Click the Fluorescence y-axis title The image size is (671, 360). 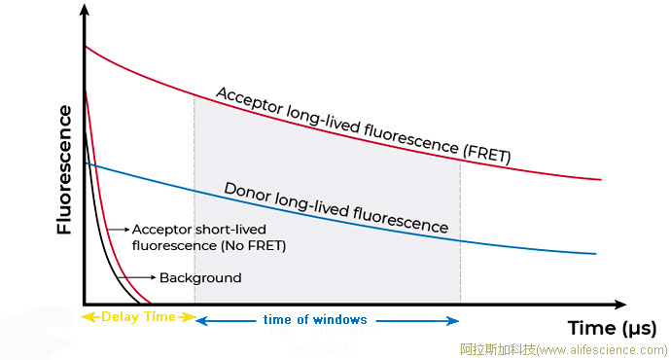point(65,169)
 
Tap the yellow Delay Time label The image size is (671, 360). point(140,316)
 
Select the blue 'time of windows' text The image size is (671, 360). point(315,319)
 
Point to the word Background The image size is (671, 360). point(200,278)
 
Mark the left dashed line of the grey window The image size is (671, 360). point(195,195)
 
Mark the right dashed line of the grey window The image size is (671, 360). point(460,224)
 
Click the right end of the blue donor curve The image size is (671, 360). point(594,254)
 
